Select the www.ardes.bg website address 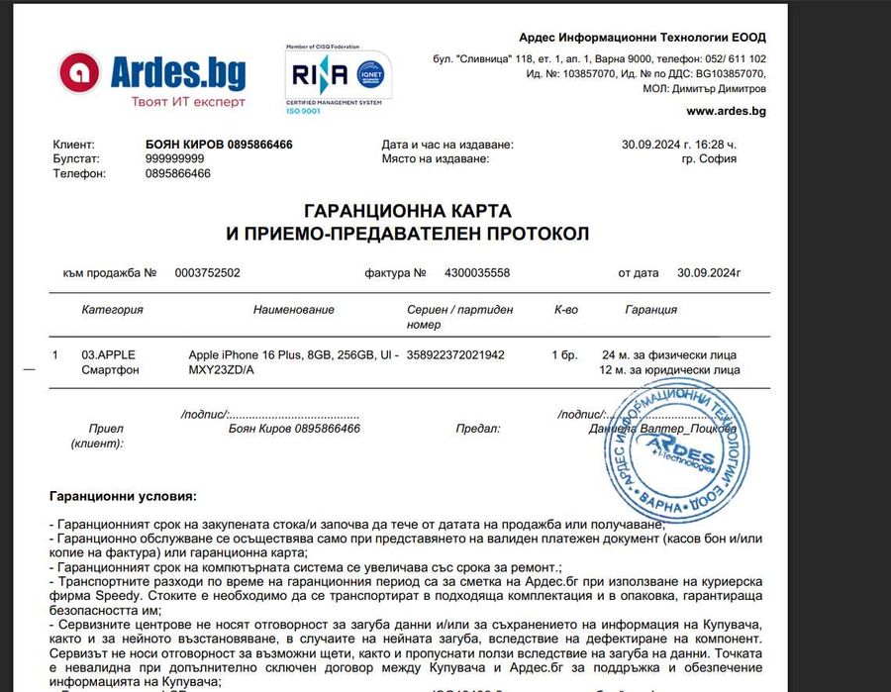pyautogui.click(x=726, y=111)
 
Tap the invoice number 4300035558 pyautogui.click(x=478, y=272)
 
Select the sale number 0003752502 pyautogui.click(x=207, y=272)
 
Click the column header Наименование pyautogui.click(x=293, y=310)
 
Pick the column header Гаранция pyautogui.click(x=650, y=310)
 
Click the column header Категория pyautogui.click(x=112, y=310)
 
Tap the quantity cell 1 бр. pyautogui.click(x=564, y=354)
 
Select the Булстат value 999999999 pyautogui.click(x=175, y=158)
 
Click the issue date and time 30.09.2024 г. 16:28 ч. pyautogui.click(x=693, y=145)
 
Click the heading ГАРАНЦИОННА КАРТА pyautogui.click(x=407, y=212)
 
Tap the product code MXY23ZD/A pyautogui.click(x=222, y=370)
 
